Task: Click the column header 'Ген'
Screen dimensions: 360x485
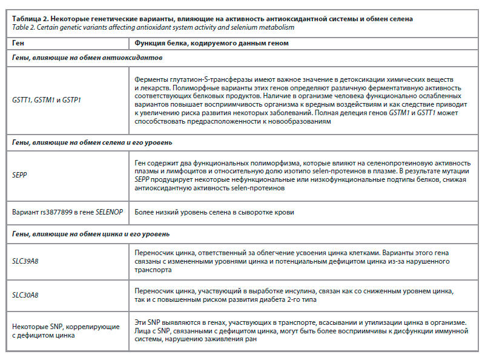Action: tap(19, 44)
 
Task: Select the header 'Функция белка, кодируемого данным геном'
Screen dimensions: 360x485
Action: tap(211, 44)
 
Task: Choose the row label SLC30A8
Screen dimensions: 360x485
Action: tap(26, 295)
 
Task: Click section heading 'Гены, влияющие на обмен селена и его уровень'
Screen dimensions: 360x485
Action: tap(93, 143)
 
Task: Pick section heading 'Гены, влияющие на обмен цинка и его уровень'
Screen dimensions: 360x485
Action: tap(91, 233)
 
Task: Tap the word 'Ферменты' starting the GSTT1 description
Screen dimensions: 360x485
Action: tap(152, 80)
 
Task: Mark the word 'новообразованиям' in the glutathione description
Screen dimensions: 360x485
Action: tap(300, 121)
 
